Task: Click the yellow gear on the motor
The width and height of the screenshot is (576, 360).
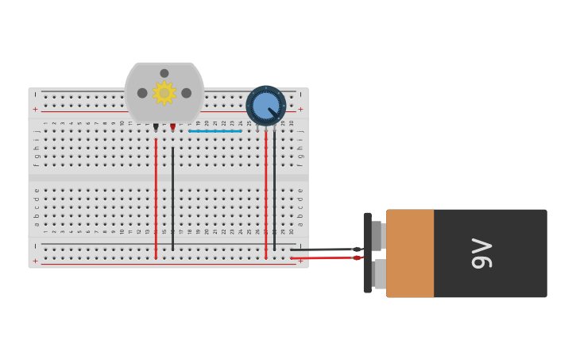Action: click(164, 93)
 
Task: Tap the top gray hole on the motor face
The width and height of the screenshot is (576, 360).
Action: click(164, 73)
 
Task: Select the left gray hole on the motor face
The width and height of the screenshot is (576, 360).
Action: click(142, 93)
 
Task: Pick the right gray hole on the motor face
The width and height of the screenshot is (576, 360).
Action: click(187, 93)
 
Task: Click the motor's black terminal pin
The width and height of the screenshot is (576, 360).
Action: click(156, 126)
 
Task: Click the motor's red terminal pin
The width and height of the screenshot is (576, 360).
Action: click(172, 126)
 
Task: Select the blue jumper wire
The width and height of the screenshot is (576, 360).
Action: click(215, 131)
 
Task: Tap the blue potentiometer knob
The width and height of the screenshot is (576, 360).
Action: click(265, 106)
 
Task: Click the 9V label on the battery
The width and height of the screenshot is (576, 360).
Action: click(481, 254)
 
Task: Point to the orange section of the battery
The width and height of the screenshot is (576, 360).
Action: click(410, 254)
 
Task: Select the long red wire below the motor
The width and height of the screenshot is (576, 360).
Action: click(156, 199)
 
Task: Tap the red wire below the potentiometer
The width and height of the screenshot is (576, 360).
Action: click(265, 199)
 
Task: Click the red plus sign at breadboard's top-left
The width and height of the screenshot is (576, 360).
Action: click(35, 110)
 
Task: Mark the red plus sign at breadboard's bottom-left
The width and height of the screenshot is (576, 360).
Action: click(35, 261)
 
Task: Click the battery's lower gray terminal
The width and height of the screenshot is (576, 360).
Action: click(379, 274)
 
